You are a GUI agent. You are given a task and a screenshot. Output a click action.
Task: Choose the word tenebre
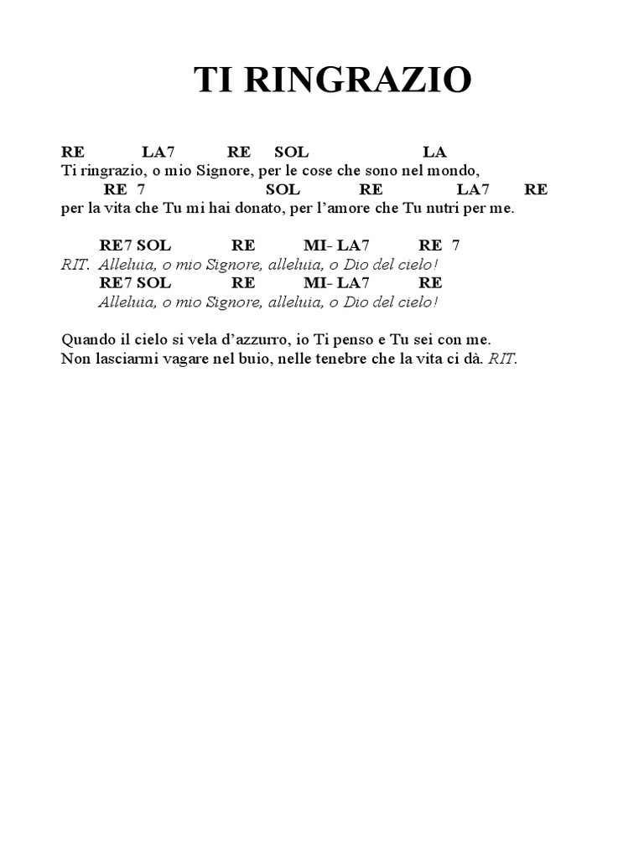click(334, 359)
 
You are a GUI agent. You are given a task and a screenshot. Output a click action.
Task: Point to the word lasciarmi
click(117, 359)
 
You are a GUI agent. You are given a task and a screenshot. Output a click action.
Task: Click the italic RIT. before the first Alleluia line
click(75, 264)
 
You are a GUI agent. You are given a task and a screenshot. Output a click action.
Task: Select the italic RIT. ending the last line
click(502, 359)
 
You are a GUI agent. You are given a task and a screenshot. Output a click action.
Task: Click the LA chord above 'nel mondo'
click(434, 152)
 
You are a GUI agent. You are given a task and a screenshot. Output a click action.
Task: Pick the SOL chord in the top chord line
click(292, 152)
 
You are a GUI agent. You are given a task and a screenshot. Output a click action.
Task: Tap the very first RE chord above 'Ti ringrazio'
click(73, 152)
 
